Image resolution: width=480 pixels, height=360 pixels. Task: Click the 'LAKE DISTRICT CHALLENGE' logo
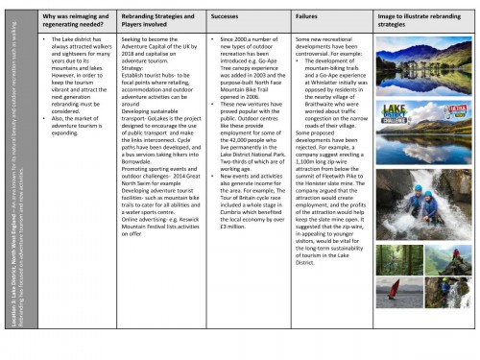coord(402,115)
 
